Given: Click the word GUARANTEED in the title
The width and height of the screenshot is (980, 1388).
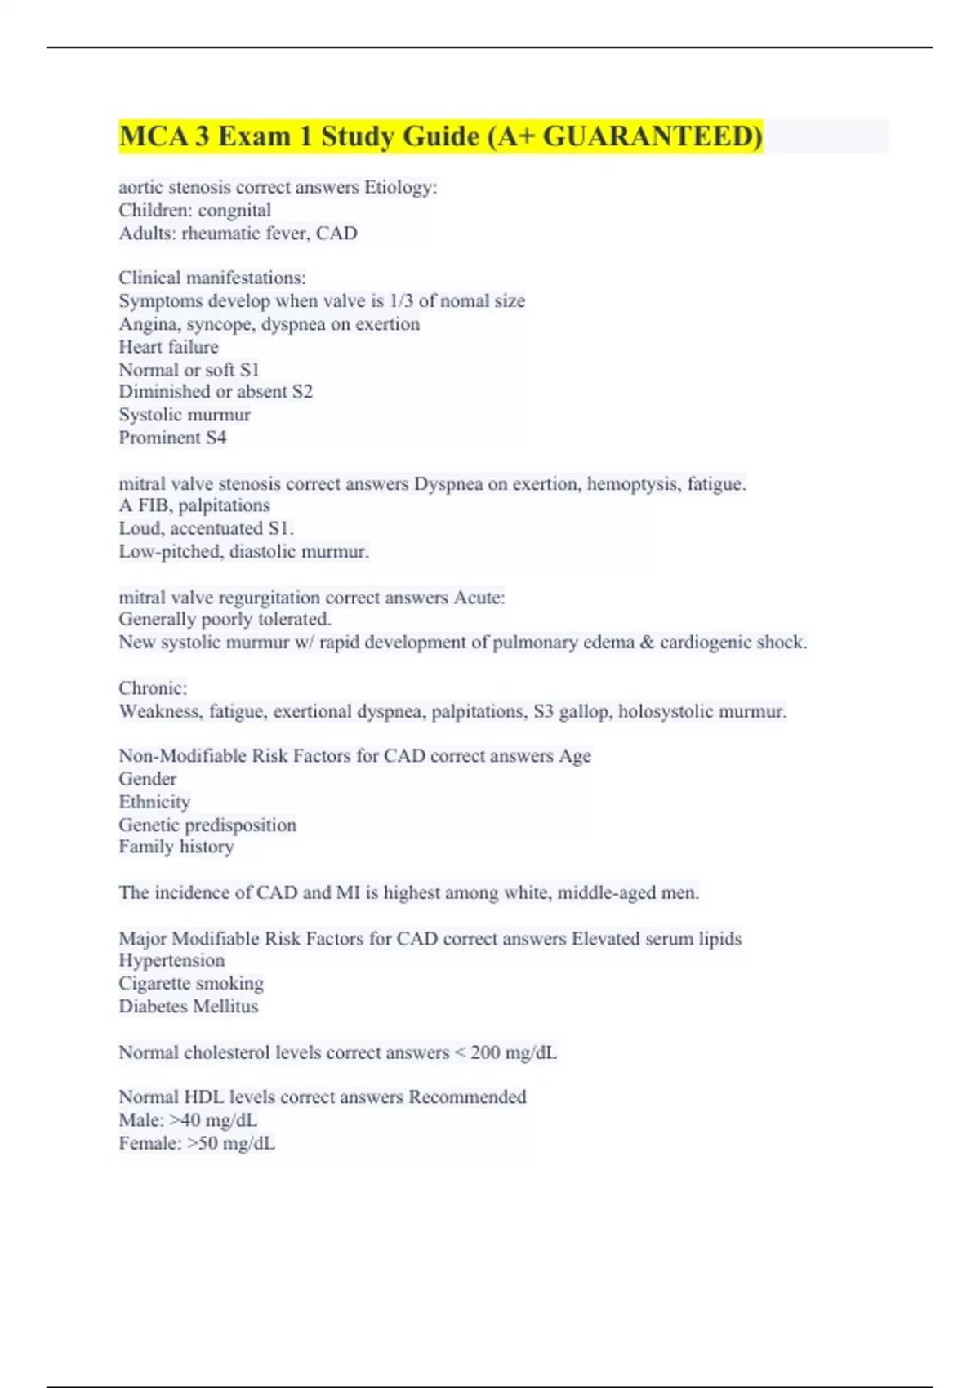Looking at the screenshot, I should (x=652, y=136).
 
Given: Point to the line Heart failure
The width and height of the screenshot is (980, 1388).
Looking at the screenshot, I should (x=168, y=347).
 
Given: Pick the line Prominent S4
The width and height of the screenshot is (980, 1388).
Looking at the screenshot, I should (x=172, y=438).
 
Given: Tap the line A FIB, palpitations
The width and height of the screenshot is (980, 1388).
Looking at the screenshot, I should (x=194, y=505).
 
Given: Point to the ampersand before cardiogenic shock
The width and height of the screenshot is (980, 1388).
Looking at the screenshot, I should (x=647, y=643).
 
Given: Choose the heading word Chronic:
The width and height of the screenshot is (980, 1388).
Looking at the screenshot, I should (x=153, y=688).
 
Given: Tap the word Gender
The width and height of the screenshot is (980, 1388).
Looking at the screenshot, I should (x=147, y=779).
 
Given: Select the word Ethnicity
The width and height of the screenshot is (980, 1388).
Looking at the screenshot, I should (x=154, y=802).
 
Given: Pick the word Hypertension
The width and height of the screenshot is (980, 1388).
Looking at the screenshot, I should (x=171, y=961).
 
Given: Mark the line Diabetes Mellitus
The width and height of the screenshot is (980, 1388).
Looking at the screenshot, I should (x=188, y=1007).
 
